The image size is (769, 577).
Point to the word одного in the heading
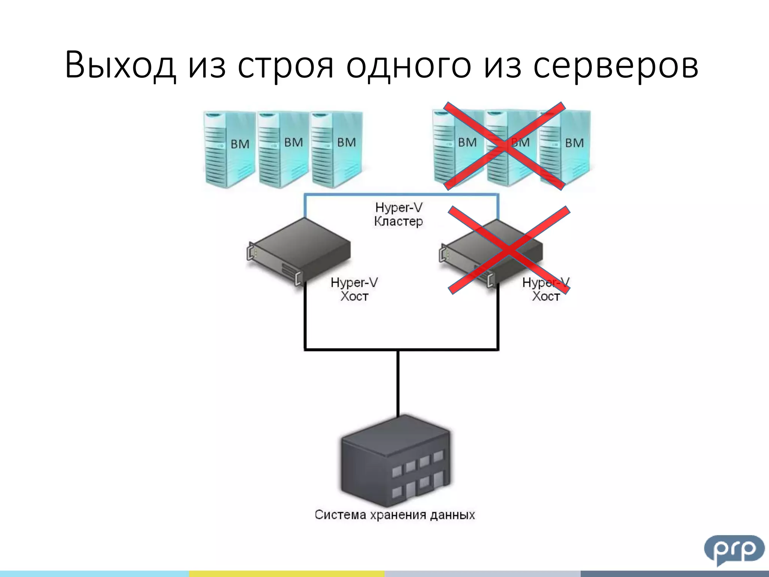point(408,67)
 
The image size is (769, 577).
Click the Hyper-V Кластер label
point(398,214)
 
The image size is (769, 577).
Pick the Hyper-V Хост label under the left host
point(354,289)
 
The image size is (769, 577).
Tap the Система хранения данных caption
point(395,515)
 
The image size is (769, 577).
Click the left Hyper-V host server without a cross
point(299,250)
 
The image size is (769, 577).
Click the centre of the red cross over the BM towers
point(504,146)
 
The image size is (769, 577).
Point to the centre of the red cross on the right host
point(509,250)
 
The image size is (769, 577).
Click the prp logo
point(734,549)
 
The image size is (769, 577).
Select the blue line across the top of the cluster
point(401,195)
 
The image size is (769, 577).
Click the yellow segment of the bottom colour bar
point(286,574)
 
